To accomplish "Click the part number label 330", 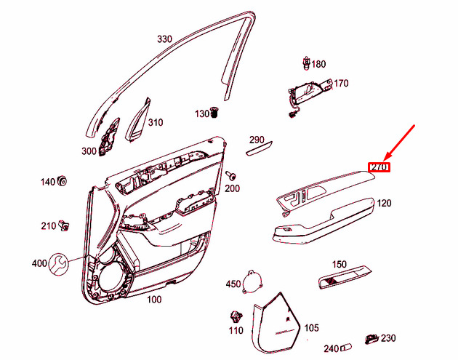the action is pos(165,39).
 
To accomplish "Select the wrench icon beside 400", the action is pos(59,265).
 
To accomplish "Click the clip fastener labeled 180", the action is pos(306,63).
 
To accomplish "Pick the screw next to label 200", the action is pos(230,176).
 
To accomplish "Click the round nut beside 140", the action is pos(62,181).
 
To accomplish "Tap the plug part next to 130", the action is pos(214,113).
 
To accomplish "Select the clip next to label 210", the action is pos(64,225).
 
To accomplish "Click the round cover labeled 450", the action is pos(252,281).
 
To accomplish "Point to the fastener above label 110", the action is pos(236,318).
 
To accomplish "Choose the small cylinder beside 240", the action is pos(345,348).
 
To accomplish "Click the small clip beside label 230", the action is pos(371,339).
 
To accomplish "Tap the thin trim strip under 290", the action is pos(259,148).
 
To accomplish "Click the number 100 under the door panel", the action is pos(154,300).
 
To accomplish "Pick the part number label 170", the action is pos(341,84).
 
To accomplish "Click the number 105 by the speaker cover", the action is pos(311,328).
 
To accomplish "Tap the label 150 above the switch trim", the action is pos(339,265).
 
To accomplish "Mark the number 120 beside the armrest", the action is pos(384,203).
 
